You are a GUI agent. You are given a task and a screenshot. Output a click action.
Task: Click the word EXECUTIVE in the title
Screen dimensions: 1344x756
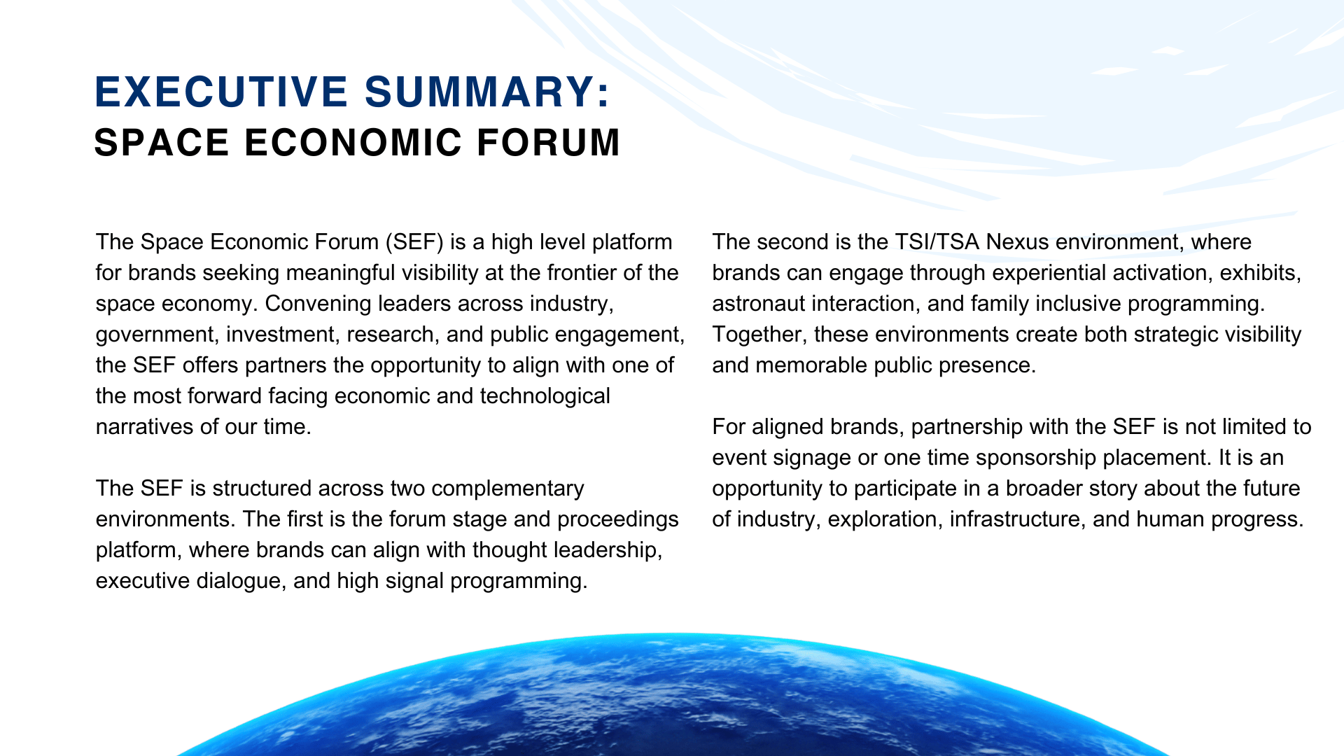222,92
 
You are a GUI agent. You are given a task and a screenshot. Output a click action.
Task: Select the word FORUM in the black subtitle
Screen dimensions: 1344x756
549,142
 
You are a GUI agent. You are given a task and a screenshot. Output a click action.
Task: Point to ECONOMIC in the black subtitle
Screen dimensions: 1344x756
353,142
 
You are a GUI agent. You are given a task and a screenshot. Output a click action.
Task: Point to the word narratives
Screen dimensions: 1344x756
141,427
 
